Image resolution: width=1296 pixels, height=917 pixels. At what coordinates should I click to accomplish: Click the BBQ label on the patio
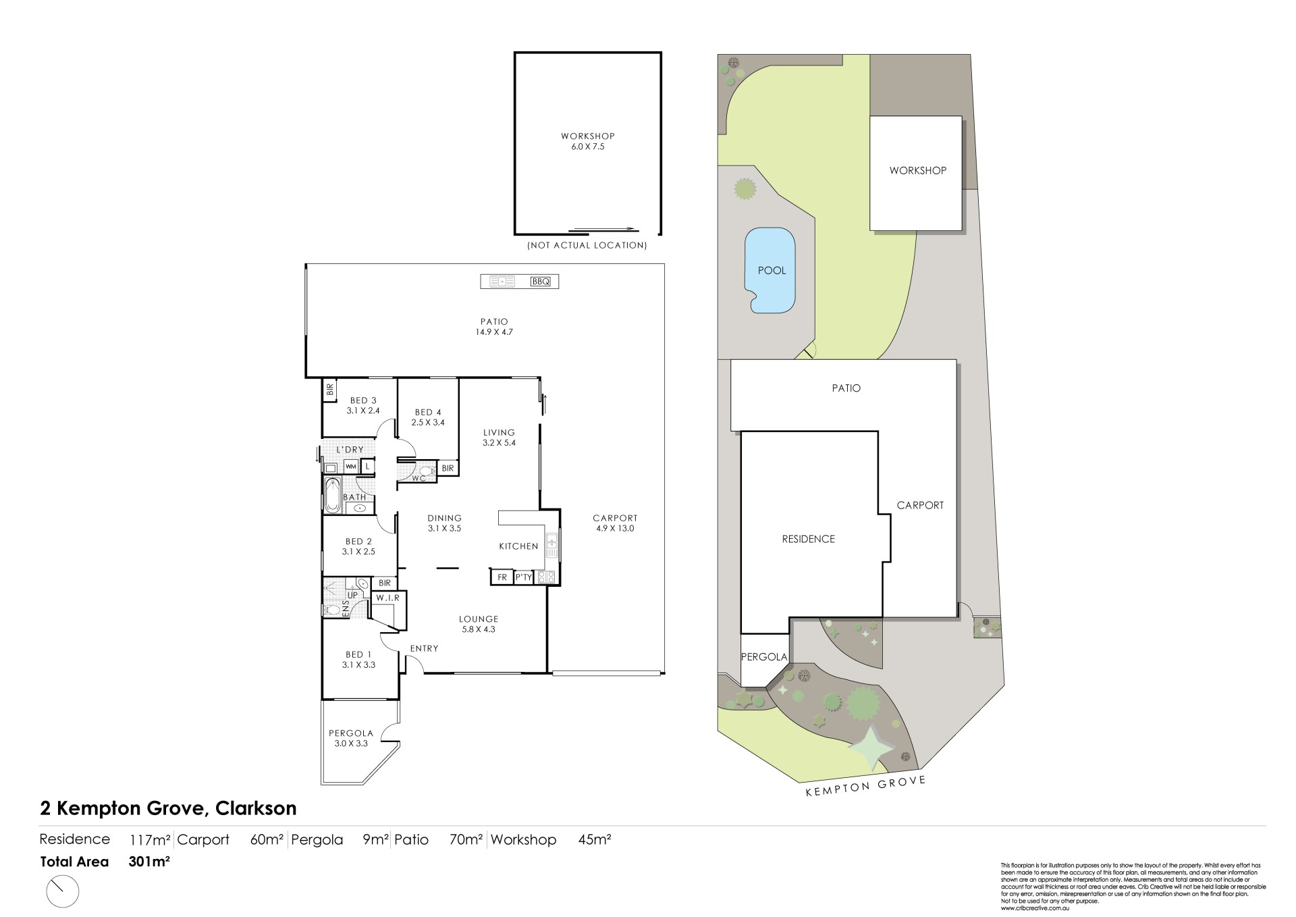[x=541, y=281]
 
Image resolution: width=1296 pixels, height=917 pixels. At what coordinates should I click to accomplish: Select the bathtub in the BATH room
[x=332, y=495]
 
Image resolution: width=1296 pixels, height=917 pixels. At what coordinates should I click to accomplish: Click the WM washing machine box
[x=351, y=467]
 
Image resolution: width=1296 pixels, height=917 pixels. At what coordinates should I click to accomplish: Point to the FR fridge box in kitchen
[x=502, y=577]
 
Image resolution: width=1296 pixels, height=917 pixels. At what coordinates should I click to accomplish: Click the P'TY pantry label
[x=524, y=577]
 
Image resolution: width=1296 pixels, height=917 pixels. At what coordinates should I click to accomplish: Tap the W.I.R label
[x=388, y=598]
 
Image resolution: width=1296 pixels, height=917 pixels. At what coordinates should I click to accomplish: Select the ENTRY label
[x=424, y=648]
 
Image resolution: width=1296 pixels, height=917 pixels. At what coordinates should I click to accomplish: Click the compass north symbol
[x=62, y=892]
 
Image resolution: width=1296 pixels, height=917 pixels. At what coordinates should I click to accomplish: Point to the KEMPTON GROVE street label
[x=865, y=787]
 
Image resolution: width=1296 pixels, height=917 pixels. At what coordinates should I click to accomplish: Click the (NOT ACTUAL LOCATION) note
[x=587, y=245]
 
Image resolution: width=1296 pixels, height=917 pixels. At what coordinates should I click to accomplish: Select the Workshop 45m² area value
[x=595, y=840]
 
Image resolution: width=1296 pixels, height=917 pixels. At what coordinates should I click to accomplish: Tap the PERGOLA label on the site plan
[x=764, y=656]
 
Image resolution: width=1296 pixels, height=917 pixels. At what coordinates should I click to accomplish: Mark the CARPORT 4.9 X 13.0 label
[x=615, y=523]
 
